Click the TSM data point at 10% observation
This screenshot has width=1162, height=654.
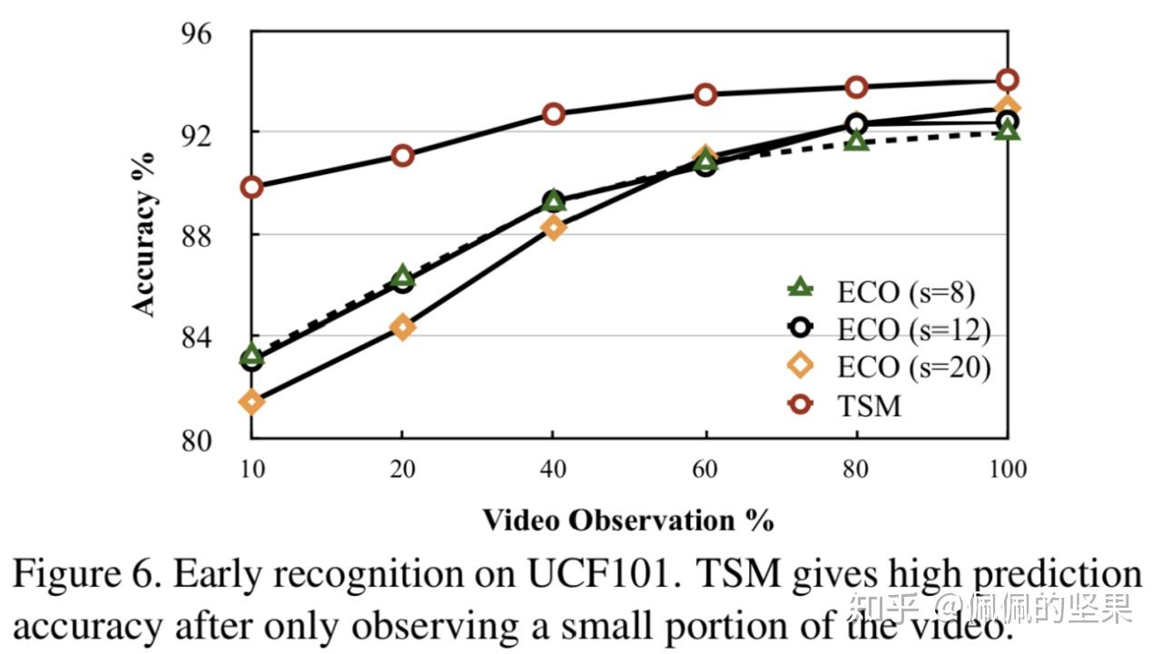[251, 187]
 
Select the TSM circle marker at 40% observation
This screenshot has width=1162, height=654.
[554, 113]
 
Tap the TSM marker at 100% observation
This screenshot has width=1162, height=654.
[1007, 79]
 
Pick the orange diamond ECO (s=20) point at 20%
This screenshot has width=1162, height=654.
[402, 327]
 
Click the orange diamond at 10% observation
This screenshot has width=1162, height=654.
[251, 401]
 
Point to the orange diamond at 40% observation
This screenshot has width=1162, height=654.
[554, 227]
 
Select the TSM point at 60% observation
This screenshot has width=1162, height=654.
[705, 94]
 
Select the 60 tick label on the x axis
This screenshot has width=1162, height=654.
[705, 469]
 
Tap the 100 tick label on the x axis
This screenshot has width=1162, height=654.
[1007, 469]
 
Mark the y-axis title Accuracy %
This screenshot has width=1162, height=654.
[144, 233]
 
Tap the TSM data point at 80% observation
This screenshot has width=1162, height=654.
[856, 87]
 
